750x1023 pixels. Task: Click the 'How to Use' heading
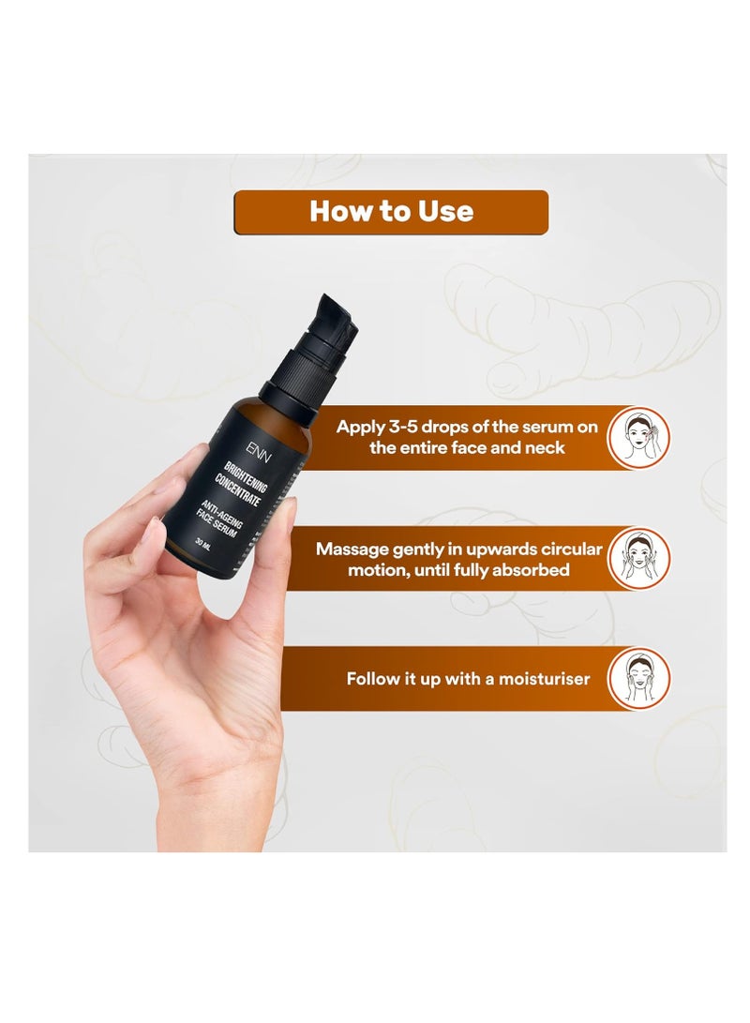391,212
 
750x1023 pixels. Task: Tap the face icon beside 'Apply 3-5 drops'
638,438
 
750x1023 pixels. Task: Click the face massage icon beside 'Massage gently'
638,558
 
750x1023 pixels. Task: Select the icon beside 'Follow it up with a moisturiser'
638,677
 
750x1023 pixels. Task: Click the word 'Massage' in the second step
352,549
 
